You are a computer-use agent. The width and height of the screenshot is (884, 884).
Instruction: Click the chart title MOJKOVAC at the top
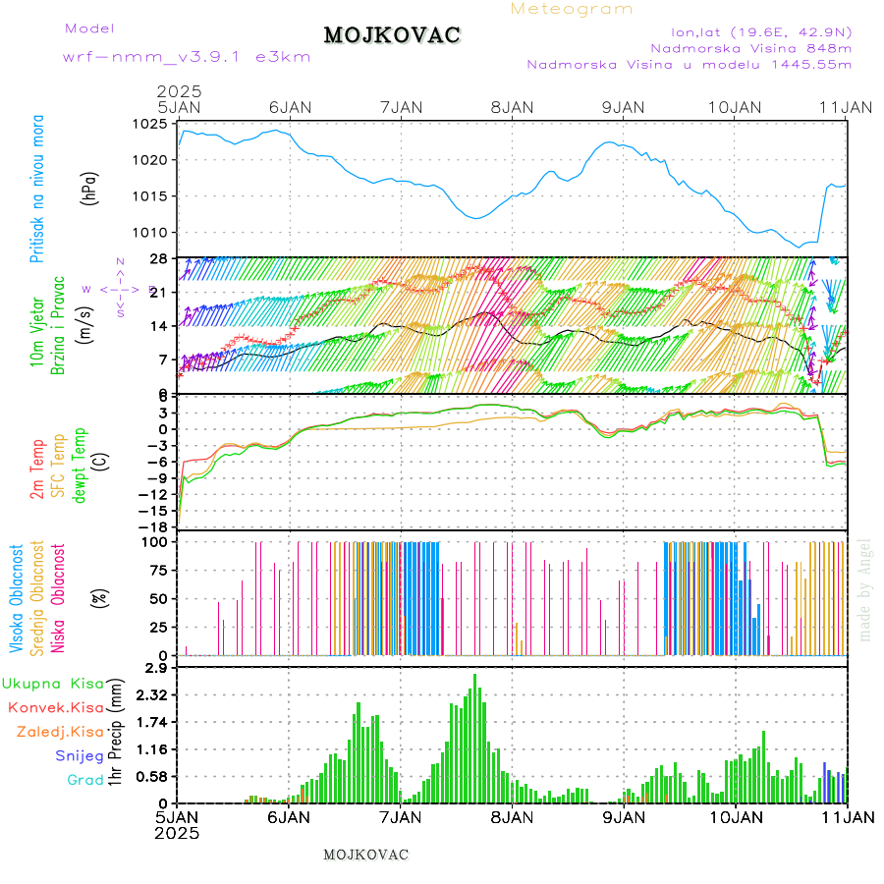[x=392, y=35]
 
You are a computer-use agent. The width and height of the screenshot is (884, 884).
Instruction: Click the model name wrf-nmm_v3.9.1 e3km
[x=187, y=56]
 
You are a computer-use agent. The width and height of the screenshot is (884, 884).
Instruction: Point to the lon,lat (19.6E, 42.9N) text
[x=760, y=30]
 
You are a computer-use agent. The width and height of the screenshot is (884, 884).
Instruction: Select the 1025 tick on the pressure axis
[x=152, y=125]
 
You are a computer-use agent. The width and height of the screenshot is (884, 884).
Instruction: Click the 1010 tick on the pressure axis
[x=152, y=233]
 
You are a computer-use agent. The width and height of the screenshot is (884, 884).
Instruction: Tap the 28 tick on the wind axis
[x=157, y=258]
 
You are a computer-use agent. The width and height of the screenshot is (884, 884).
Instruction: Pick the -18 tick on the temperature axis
[x=152, y=526]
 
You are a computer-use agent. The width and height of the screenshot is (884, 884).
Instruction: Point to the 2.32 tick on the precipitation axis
[x=151, y=694]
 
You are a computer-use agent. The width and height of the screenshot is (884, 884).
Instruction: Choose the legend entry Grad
[x=84, y=781]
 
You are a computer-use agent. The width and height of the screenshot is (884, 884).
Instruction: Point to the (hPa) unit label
[x=90, y=188]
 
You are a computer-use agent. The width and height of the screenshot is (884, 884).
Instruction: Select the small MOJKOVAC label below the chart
[x=365, y=855]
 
